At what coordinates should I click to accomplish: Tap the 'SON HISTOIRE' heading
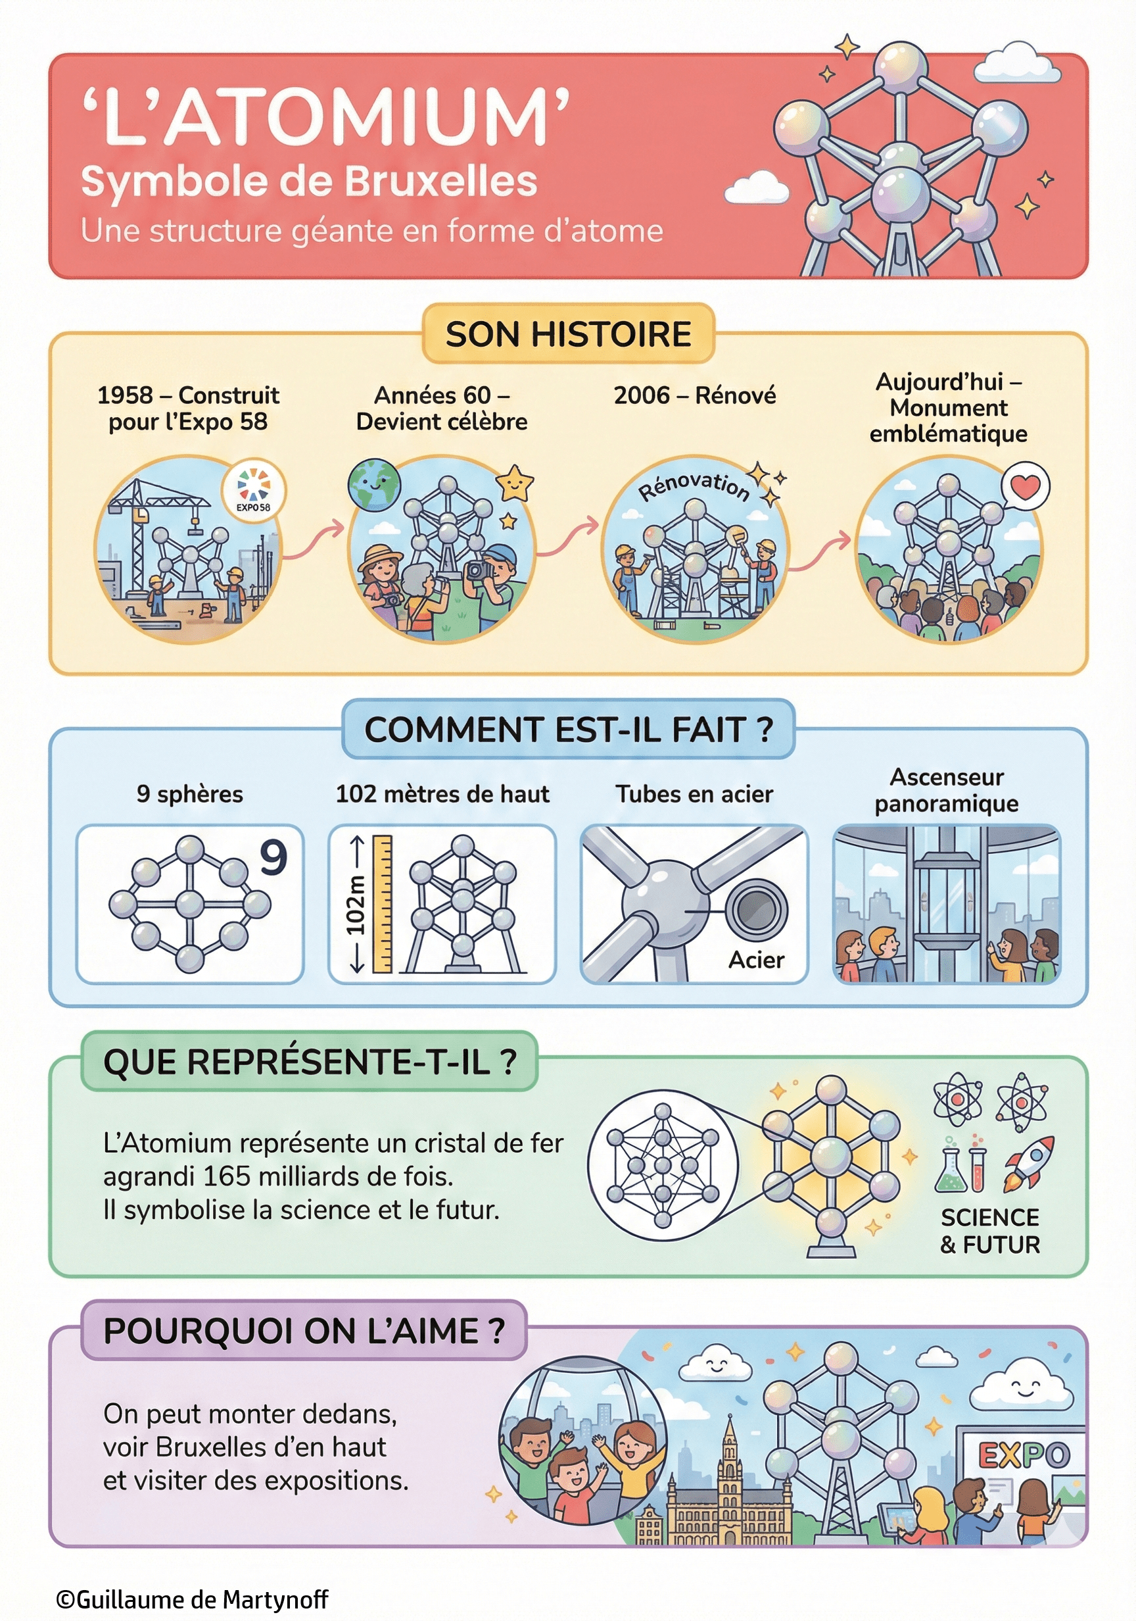pos(568,334)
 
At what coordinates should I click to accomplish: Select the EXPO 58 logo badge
pos(253,489)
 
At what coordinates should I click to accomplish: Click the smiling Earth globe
pos(374,485)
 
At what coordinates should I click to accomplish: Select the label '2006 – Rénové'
pos(694,395)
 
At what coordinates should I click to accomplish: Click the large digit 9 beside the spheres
pos(273,857)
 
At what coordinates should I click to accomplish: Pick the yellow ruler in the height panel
pos(382,904)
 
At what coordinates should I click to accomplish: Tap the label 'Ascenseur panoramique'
pos(946,790)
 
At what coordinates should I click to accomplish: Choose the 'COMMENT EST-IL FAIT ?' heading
pos(568,730)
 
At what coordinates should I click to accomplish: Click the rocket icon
pos(1029,1161)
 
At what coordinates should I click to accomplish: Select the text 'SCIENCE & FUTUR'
pos(990,1231)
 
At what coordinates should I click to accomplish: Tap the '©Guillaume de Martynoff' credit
pos(192,1599)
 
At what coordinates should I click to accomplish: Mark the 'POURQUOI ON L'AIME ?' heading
pos(304,1331)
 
